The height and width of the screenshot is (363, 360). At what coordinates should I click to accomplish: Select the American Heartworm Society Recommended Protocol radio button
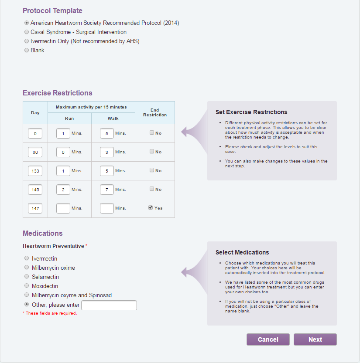tap(27, 23)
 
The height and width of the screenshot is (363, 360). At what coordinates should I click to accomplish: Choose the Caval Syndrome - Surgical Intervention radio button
tap(27, 32)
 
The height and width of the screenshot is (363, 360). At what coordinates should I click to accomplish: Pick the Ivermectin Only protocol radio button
tap(27, 41)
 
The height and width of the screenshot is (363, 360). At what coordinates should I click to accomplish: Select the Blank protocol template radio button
tap(27, 50)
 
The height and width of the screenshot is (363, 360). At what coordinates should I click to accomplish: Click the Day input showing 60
tap(35, 152)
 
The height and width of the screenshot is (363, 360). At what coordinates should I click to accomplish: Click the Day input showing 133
tap(35, 171)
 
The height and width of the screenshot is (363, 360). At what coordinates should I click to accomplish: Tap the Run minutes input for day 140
tap(63, 190)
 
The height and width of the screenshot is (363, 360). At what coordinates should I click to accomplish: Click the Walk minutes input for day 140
tap(107, 190)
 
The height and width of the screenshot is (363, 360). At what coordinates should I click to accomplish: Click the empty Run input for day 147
tap(63, 208)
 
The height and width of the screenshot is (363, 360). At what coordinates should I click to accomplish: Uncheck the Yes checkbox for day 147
tap(151, 208)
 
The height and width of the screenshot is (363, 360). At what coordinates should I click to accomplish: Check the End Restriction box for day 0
tap(152, 133)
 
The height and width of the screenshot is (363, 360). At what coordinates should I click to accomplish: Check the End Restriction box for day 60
tap(152, 152)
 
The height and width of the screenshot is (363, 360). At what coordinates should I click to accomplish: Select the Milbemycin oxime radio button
tap(27, 268)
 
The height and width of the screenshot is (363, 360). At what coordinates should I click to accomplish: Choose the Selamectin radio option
tap(27, 277)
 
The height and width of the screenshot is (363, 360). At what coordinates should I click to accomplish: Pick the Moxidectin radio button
tap(27, 286)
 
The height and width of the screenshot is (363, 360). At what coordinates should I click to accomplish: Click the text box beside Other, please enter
tap(109, 305)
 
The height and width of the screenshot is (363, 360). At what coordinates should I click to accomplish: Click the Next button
tap(315, 339)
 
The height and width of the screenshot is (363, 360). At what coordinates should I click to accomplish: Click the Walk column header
tap(113, 119)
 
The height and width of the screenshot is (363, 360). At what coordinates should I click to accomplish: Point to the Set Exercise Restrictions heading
tap(251, 112)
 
